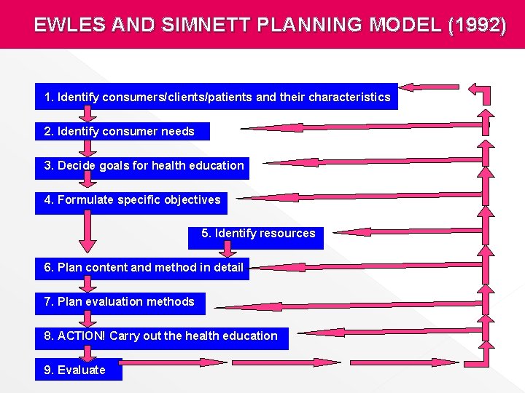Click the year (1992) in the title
point(478,25)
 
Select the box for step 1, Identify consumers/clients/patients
point(217,97)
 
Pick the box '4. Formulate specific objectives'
point(131,200)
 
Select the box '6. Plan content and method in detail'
point(142,268)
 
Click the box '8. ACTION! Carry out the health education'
point(161,336)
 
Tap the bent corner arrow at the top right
point(481,92)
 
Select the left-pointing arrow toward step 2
point(357,128)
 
